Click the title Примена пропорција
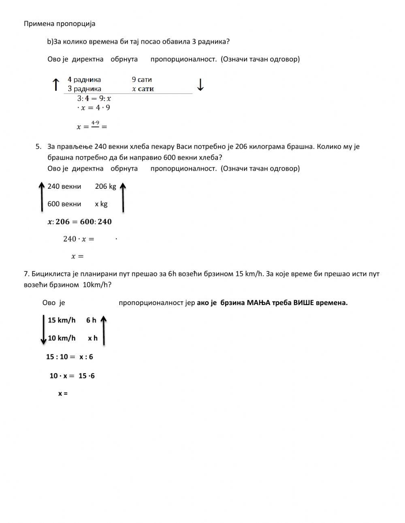click(x=60, y=23)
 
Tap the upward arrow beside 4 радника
click(x=56, y=85)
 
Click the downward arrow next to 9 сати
click(x=200, y=85)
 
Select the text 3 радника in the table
click(x=84, y=89)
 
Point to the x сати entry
click(x=143, y=89)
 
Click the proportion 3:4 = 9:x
click(x=94, y=98)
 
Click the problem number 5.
click(x=38, y=147)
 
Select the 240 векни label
click(x=64, y=186)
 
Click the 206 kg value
click(x=105, y=186)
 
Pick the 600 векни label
click(x=64, y=204)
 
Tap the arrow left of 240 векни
click(x=41, y=196)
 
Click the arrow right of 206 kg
click(x=123, y=197)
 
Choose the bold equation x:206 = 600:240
click(x=79, y=222)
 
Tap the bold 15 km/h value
click(x=62, y=320)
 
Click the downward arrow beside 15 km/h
click(x=44, y=329)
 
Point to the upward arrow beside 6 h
click(x=104, y=330)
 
